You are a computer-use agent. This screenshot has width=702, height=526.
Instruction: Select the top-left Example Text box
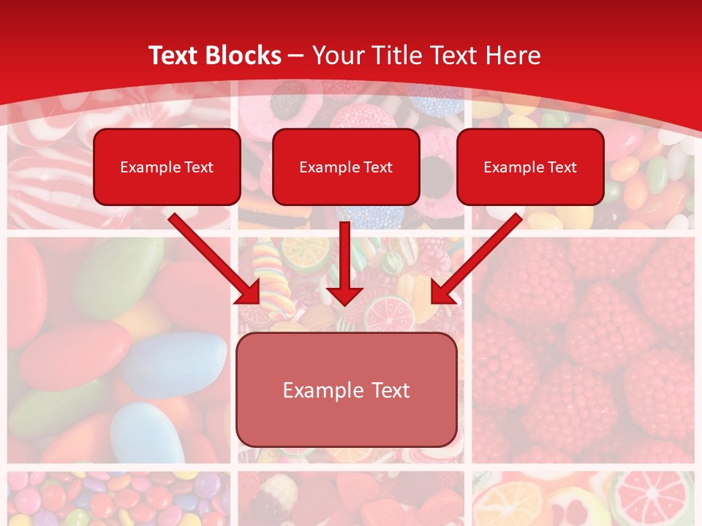point(167,167)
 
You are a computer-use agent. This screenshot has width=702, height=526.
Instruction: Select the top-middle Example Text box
point(346,167)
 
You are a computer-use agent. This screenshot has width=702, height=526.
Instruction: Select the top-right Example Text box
point(530,167)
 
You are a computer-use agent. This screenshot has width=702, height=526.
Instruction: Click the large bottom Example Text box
point(346,389)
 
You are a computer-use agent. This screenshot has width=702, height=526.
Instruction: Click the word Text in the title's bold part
point(175,56)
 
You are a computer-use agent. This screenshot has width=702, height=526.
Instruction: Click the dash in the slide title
point(296,56)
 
